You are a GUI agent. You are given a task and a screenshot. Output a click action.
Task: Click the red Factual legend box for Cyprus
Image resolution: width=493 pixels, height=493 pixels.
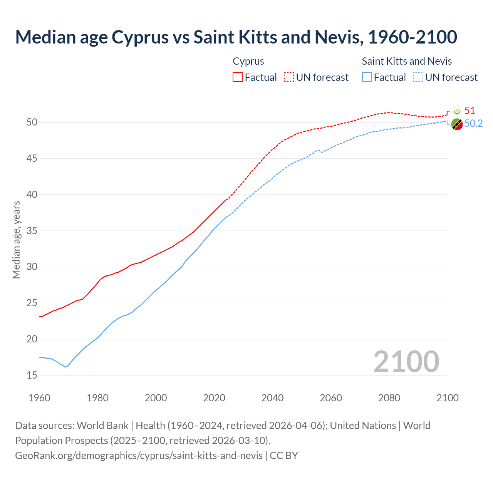tap(238, 77)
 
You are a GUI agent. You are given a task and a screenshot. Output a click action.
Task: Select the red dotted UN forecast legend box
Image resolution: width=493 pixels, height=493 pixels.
tap(289, 77)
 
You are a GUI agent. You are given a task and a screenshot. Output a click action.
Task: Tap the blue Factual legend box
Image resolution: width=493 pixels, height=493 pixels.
tap(367, 77)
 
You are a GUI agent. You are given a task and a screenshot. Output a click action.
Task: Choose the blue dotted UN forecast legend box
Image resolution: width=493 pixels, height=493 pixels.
tap(418, 77)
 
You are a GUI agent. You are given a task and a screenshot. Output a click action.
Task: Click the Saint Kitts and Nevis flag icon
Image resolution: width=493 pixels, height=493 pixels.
tap(457, 124)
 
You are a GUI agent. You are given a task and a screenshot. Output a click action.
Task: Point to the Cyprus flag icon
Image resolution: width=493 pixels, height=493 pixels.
tap(457, 111)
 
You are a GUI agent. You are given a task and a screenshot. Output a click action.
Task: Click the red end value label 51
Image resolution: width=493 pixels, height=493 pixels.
tap(470, 111)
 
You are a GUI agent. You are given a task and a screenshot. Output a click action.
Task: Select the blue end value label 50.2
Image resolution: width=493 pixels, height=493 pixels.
tap(473, 124)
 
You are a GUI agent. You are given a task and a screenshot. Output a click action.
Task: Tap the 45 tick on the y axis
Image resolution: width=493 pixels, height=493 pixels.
tap(32, 159)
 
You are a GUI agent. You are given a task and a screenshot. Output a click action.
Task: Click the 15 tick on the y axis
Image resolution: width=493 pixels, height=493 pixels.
tap(32, 376)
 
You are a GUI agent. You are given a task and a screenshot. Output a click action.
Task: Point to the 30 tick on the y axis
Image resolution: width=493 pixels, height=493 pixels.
tap(32, 267)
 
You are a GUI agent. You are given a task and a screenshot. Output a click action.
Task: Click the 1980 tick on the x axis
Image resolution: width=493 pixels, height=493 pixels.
tap(97, 398)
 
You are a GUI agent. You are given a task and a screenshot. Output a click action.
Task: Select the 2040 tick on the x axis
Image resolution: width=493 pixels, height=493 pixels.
tap(272, 398)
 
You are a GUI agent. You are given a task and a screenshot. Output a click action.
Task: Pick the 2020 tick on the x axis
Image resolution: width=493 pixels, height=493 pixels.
tap(214, 398)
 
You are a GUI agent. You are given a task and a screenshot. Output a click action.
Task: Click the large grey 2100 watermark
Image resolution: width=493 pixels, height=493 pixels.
tap(406, 362)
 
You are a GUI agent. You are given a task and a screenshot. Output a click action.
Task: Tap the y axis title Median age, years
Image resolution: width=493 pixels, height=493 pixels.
tap(16, 240)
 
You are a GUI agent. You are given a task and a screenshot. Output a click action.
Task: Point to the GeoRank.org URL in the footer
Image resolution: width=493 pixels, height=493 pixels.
tap(139, 456)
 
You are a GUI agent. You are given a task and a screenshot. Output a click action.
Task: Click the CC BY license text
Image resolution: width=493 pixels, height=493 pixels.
tap(284, 456)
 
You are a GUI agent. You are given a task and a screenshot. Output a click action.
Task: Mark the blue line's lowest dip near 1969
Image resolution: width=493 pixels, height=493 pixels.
tap(65, 367)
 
